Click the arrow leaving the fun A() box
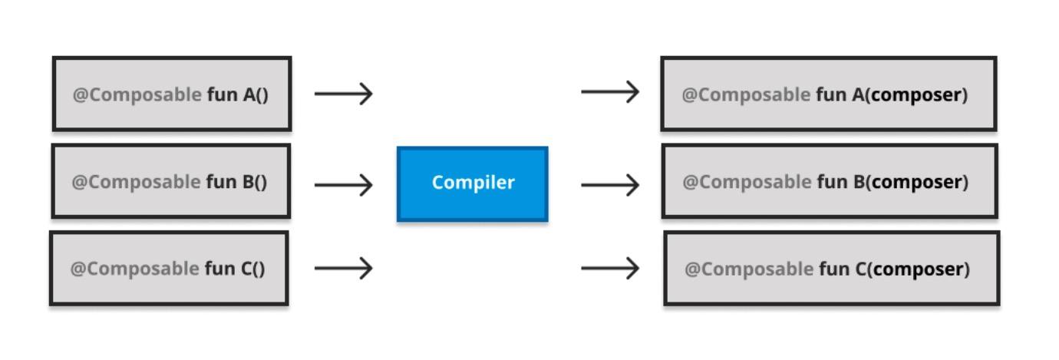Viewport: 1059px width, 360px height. (343, 94)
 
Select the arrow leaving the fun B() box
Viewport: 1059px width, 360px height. (343, 184)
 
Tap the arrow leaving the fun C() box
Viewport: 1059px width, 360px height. (343, 268)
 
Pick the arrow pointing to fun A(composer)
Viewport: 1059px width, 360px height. (610, 92)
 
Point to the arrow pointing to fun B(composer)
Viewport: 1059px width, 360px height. (610, 184)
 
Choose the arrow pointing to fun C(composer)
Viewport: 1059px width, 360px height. (610, 268)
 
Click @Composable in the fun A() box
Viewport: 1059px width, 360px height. (137, 95)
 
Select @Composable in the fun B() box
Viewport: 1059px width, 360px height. (136, 183)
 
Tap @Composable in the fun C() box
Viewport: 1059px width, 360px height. (134, 269)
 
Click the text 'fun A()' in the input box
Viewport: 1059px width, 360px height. (238, 95)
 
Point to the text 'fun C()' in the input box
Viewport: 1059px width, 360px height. (235, 269)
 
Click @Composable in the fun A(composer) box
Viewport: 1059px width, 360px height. (746, 95)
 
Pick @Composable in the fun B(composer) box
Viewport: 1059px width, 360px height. (747, 183)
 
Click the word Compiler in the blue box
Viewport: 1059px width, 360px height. (473, 183)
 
